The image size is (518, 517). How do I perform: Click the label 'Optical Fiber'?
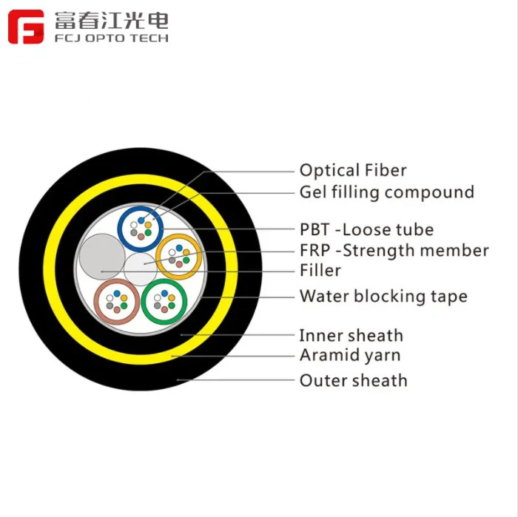[353, 170]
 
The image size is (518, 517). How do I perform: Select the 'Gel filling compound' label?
[386, 192]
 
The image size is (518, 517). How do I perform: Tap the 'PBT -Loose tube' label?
[366, 229]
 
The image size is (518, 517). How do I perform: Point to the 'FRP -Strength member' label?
[394, 251]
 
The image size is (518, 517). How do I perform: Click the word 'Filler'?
[320, 270]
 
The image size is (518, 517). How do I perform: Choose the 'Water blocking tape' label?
[383, 297]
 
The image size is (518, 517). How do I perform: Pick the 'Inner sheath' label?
[351, 336]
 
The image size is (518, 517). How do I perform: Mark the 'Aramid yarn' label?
[349, 355]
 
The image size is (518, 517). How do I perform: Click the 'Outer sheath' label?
[353, 381]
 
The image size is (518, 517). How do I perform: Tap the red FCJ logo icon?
[26, 27]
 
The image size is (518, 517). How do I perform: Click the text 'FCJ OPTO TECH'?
[111, 38]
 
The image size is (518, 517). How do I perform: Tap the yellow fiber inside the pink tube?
[124, 299]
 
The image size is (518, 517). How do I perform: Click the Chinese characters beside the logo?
[111, 19]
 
